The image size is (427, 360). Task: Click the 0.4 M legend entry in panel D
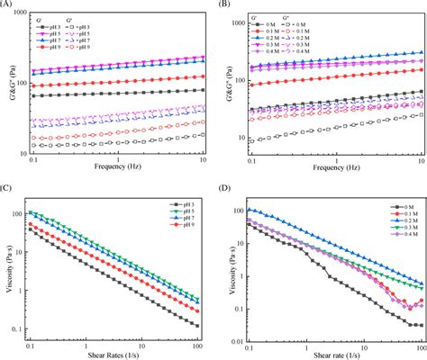click(x=393, y=247)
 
